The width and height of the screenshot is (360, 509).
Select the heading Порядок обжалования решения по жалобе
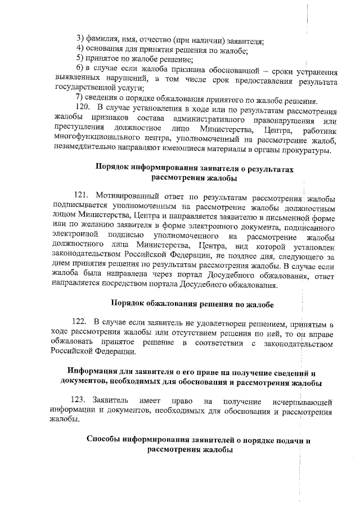192,304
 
